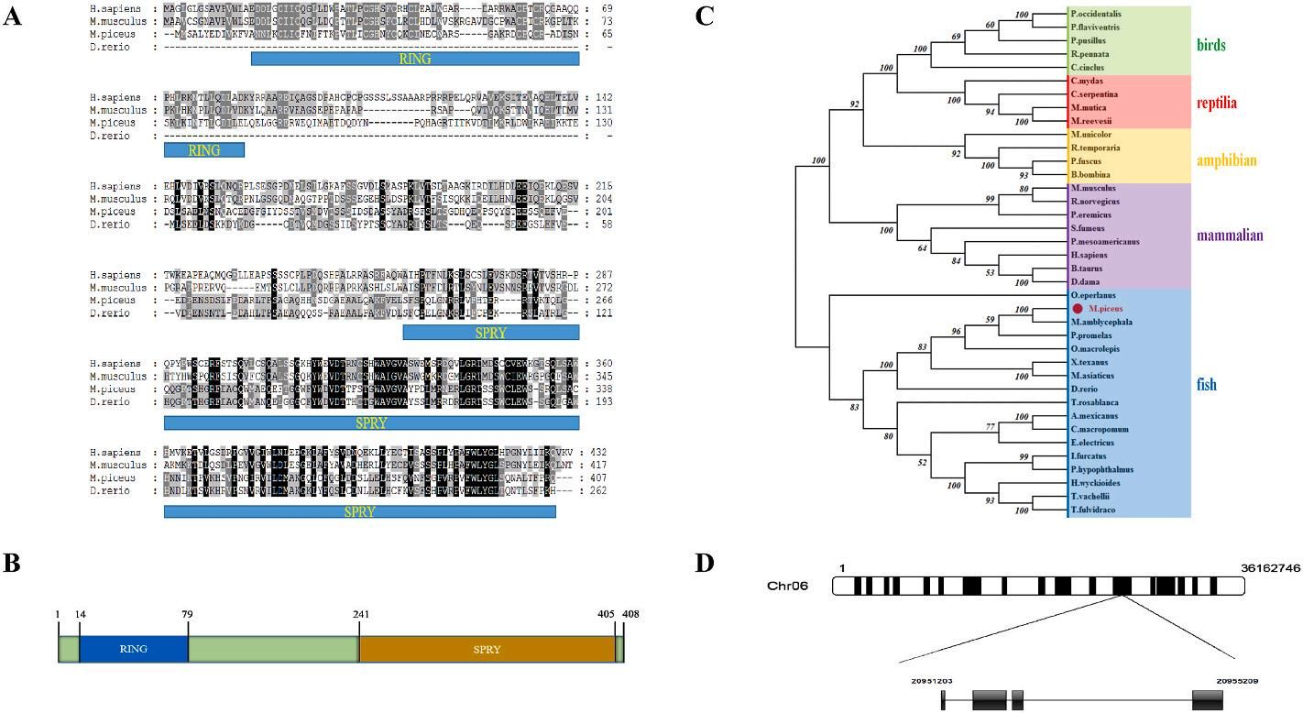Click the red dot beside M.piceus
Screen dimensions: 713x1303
pos(1077,309)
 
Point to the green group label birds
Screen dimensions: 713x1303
pos(1210,45)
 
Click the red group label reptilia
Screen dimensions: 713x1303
pos(1216,103)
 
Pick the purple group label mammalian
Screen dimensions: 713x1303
pos(1230,236)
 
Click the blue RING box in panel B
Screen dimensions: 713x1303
pos(134,650)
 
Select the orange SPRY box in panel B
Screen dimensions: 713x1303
pos(487,650)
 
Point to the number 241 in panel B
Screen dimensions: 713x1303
pos(358,615)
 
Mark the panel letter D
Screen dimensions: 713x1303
pos(705,562)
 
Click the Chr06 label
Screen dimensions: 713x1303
pos(788,586)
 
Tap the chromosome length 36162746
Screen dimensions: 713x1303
pos(1270,568)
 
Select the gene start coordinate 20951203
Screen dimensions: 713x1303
pos(931,681)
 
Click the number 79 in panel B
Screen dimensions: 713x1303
pos(188,615)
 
